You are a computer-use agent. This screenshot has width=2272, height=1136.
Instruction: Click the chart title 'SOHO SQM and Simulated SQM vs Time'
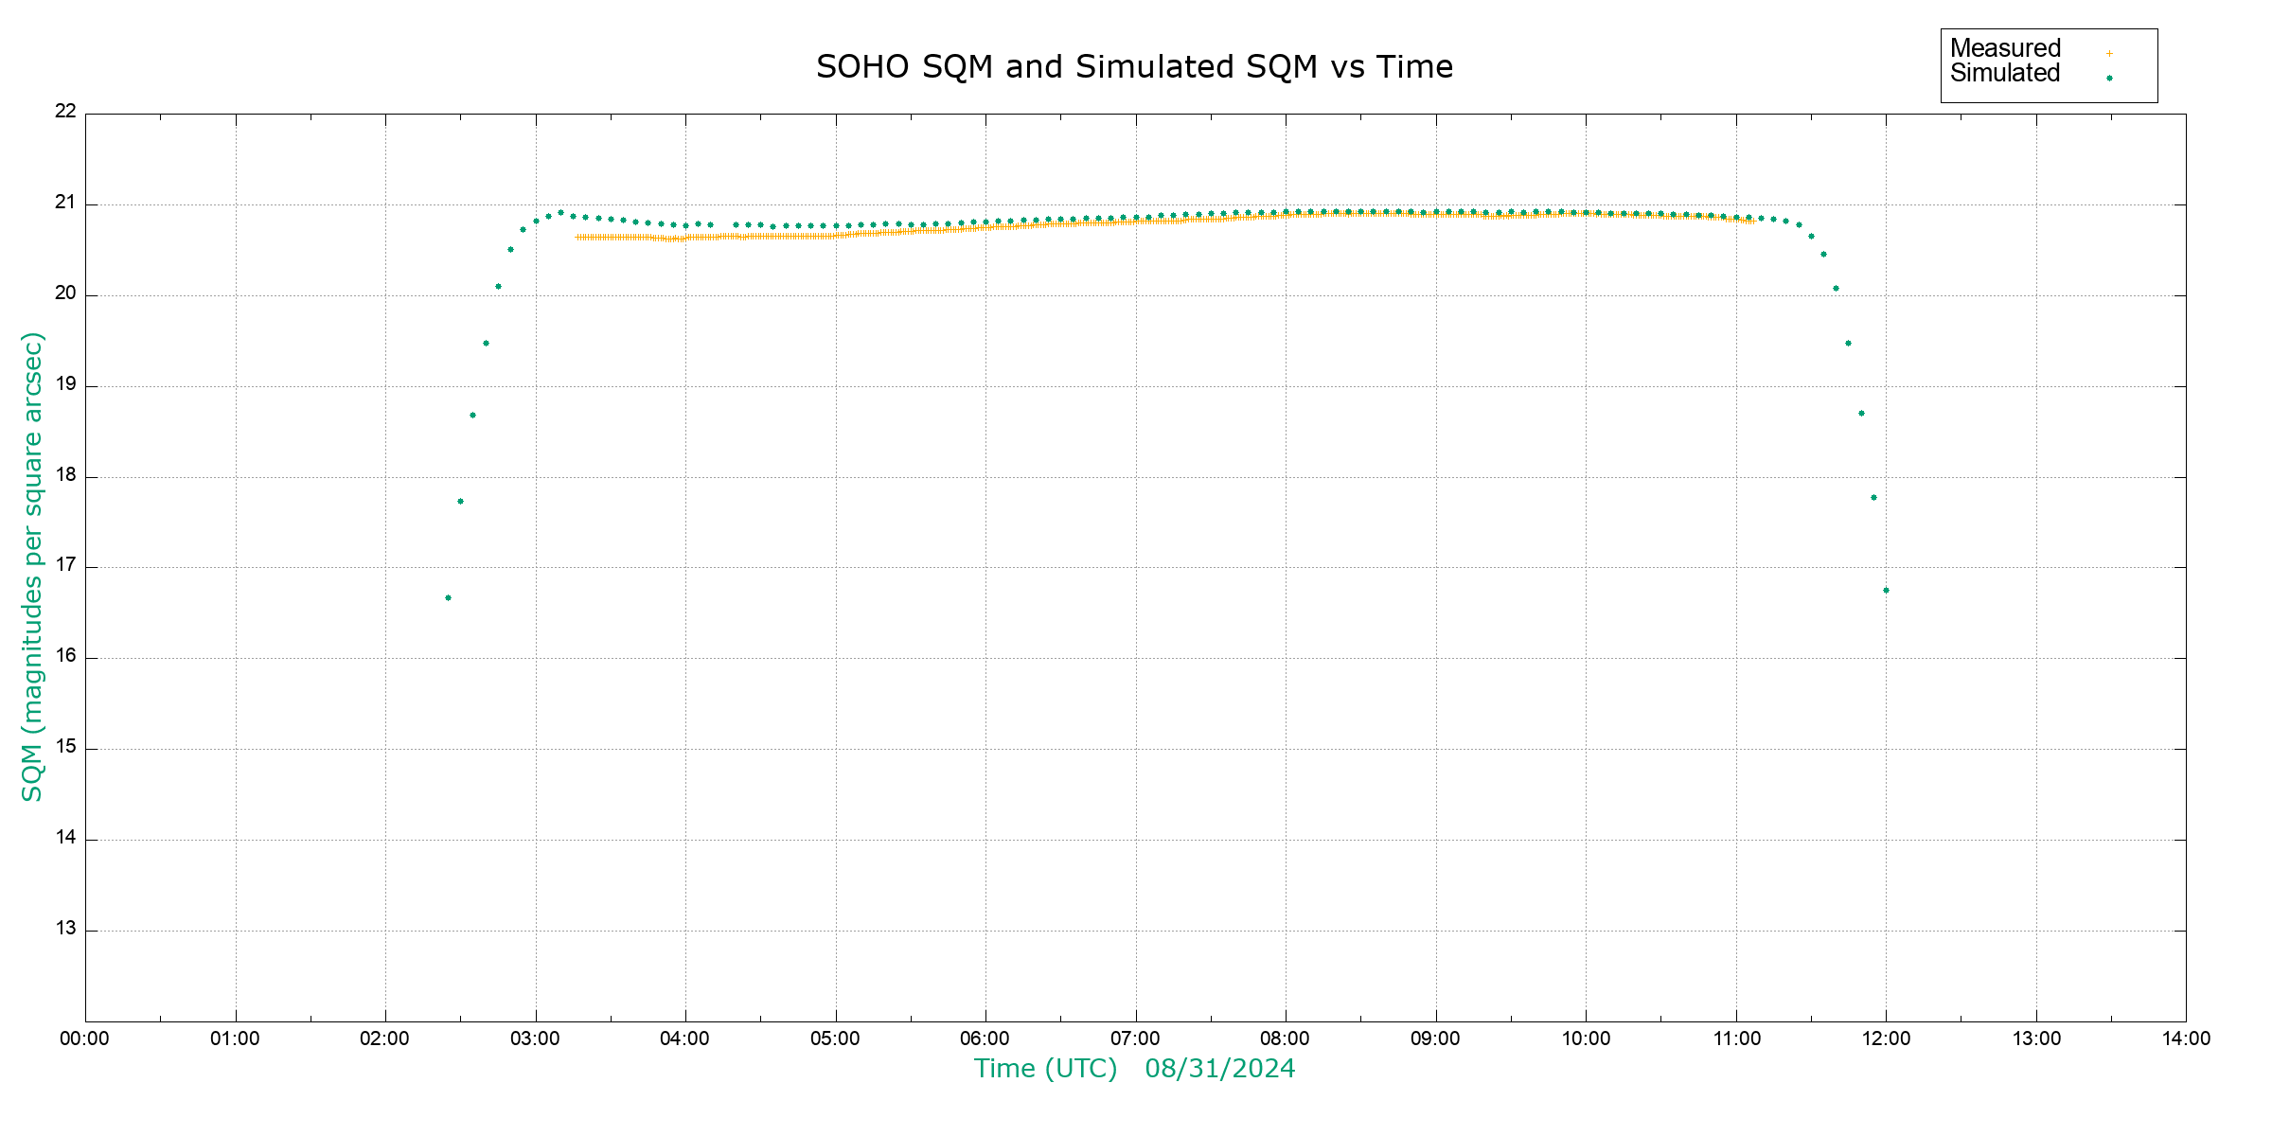[1134, 67]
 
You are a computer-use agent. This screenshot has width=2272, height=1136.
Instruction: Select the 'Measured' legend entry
[2005, 48]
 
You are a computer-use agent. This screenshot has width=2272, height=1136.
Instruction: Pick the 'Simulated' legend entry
[2005, 74]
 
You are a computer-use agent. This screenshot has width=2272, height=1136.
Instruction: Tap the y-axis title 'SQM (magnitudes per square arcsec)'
[32, 566]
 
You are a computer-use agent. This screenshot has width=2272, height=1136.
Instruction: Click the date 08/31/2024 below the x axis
[1219, 1069]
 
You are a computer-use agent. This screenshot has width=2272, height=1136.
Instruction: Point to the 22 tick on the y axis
[65, 112]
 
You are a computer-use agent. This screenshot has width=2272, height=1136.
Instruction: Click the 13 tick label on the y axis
[65, 929]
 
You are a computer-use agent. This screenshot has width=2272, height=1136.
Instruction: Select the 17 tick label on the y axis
[65, 566]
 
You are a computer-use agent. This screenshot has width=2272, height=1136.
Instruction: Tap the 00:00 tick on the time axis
[85, 1039]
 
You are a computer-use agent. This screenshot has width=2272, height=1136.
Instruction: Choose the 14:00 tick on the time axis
[2186, 1039]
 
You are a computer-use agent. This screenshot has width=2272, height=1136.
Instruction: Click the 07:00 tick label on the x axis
[1135, 1039]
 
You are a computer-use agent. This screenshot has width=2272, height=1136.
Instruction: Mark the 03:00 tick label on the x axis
[535, 1039]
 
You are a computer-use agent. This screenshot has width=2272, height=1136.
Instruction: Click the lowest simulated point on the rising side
[448, 598]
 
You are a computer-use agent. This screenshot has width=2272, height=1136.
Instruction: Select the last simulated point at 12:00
[1886, 591]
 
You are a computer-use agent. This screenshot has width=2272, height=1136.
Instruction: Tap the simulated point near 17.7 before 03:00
[460, 502]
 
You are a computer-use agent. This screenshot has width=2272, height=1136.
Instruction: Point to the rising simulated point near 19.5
[486, 344]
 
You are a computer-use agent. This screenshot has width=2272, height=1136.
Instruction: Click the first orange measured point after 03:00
[577, 238]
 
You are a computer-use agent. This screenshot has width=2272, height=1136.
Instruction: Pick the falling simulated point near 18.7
[1861, 414]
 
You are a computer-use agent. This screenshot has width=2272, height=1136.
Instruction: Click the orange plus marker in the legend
[2109, 54]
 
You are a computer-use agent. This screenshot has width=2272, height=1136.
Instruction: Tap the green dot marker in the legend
[2109, 79]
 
